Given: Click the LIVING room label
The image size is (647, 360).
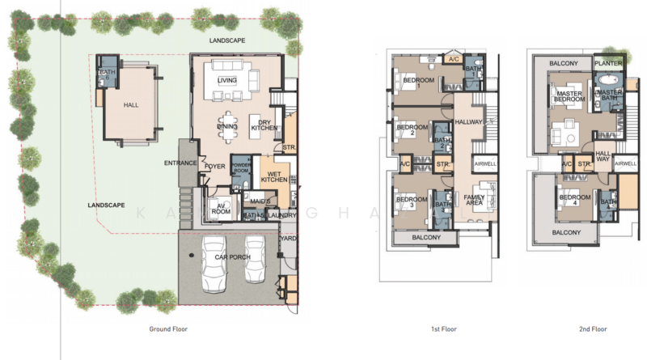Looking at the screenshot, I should point(227,80).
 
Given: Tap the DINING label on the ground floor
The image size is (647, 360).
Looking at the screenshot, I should point(227,126).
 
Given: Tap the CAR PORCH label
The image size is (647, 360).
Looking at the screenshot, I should point(234,257).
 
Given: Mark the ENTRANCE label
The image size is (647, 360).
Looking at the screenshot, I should point(181,163).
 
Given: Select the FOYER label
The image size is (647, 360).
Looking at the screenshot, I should point(214,166).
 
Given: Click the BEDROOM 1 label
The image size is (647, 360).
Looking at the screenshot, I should point(420,81).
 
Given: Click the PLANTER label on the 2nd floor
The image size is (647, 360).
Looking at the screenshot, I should point(608,62).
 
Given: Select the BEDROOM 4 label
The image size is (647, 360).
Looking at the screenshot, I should point(575,199).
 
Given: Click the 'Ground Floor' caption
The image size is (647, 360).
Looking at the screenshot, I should point(170,328).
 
